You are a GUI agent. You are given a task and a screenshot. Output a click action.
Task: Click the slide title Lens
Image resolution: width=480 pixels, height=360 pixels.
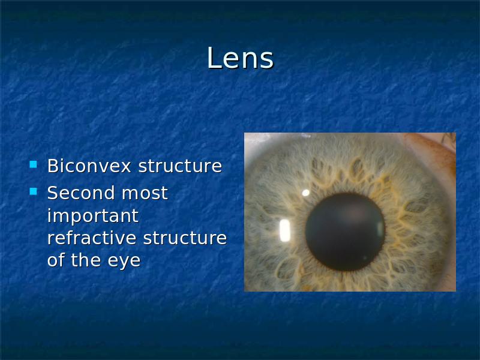point(240,58)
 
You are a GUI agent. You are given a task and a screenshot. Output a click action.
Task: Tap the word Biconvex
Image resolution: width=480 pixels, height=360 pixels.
point(89,166)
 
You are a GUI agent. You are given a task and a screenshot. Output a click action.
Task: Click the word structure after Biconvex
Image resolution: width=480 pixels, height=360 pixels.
point(180,166)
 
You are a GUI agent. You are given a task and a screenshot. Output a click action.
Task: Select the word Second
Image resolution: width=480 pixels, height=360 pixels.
point(81,193)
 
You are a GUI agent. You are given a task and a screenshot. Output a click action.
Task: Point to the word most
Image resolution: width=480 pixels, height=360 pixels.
point(145,193)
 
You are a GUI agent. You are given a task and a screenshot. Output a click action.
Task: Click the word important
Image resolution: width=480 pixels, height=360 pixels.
point(93,216)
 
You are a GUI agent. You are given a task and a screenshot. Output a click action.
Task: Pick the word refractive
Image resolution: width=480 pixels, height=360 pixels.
point(92,238)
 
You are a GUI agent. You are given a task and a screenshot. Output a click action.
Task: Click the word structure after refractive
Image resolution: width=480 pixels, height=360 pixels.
point(185,238)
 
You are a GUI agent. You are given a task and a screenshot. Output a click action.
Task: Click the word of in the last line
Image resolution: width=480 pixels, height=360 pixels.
point(55,260)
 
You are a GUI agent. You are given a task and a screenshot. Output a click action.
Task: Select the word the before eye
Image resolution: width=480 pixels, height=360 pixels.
point(86,260)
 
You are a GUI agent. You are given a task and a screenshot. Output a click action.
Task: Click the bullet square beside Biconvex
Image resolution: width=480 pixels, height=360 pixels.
point(34,164)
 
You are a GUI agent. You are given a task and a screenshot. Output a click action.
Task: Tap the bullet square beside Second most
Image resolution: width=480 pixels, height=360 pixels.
point(34,191)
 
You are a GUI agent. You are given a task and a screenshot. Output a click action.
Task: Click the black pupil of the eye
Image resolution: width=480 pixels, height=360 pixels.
point(345,232)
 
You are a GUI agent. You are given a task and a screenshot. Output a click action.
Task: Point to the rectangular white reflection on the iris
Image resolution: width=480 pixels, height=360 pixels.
point(284,230)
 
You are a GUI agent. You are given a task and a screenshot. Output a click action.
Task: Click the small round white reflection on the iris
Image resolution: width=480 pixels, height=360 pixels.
point(305,193)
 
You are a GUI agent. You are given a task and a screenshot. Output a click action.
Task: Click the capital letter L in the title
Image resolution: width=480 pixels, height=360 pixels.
point(214,58)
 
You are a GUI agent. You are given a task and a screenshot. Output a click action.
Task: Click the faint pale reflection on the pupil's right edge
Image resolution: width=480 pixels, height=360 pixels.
point(380,230)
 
